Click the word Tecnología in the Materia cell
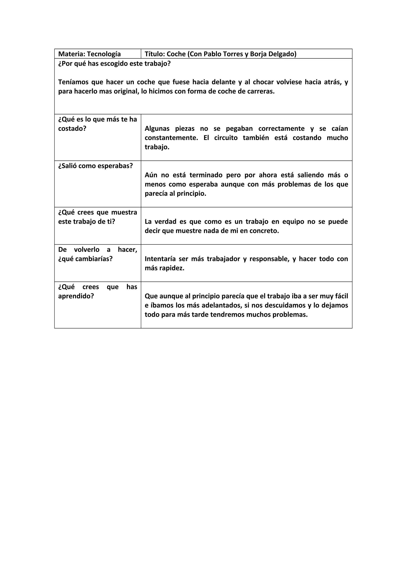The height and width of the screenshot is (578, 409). click(104, 54)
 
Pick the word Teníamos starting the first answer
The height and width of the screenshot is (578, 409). click(73, 82)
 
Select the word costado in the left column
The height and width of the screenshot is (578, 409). click(72, 129)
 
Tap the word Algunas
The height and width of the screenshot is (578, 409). click(157, 129)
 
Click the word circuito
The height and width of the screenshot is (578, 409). click(226, 138)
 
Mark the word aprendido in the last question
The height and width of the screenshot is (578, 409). click(76, 296)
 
